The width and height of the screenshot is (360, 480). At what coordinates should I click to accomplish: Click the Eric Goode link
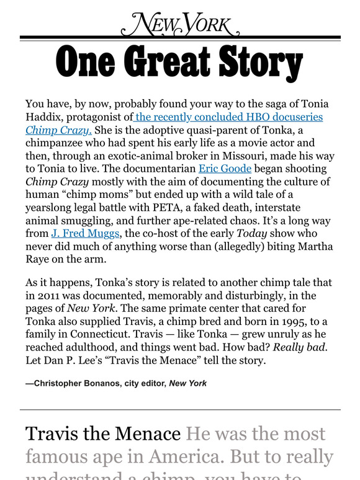coord(225,169)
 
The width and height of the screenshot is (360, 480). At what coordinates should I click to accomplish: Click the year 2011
coord(50,295)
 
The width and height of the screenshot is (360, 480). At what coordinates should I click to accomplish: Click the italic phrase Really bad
coord(307,347)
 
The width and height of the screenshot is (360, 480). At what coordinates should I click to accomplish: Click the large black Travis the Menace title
coord(103,434)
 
